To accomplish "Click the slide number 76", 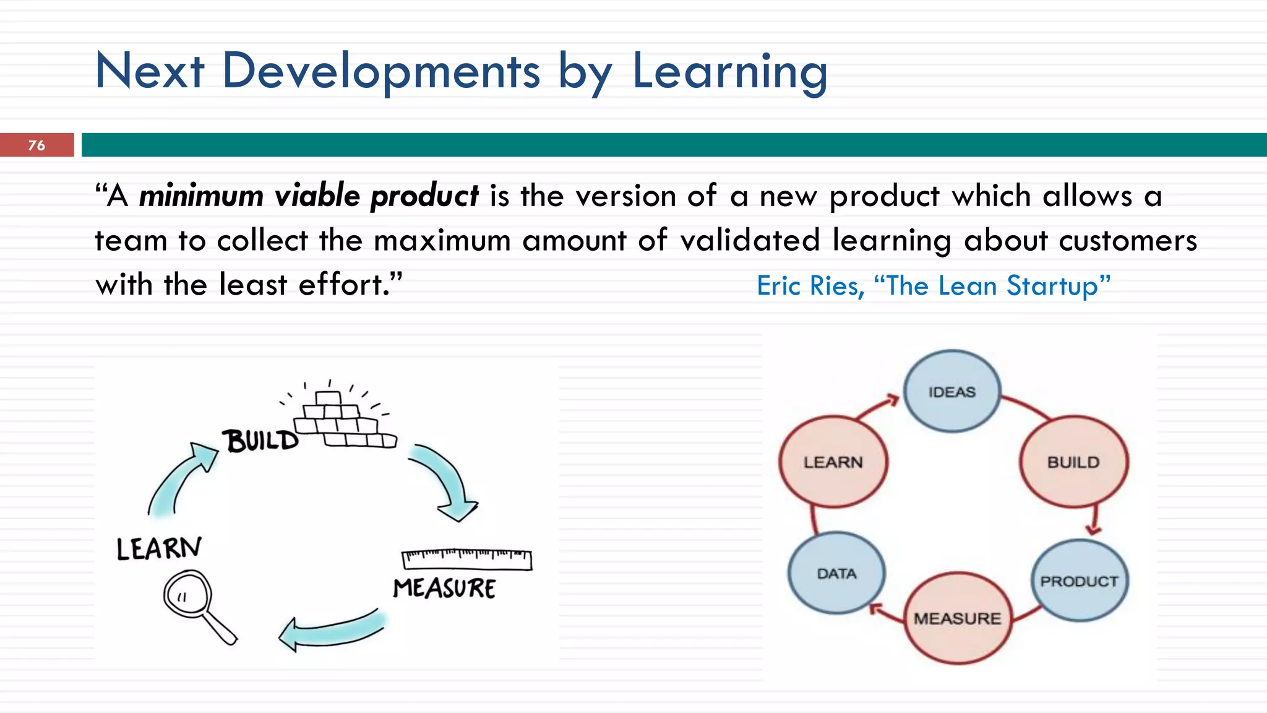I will tap(37, 145).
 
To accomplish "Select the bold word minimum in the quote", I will tap(201, 196).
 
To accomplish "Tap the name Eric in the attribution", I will tap(780, 286).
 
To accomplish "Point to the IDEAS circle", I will tap(951, 391).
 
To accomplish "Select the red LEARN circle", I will tap(833, 462).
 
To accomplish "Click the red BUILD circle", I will tap(1073, 462).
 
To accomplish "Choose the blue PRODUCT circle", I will tap(1079, 581).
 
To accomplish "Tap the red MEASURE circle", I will tap(957, 618).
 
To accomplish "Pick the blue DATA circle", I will tap(836, 573).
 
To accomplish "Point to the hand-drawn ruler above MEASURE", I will tap(466, 558).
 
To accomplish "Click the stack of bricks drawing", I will tap(344, 418).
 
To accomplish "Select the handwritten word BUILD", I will tap(261, 441).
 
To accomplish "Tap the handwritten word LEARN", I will tap(159, 548).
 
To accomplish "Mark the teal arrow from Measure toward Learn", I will tap(331, 631).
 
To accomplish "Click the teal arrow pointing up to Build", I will tap(179, 477).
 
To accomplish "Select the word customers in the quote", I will tap(1127, 241).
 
